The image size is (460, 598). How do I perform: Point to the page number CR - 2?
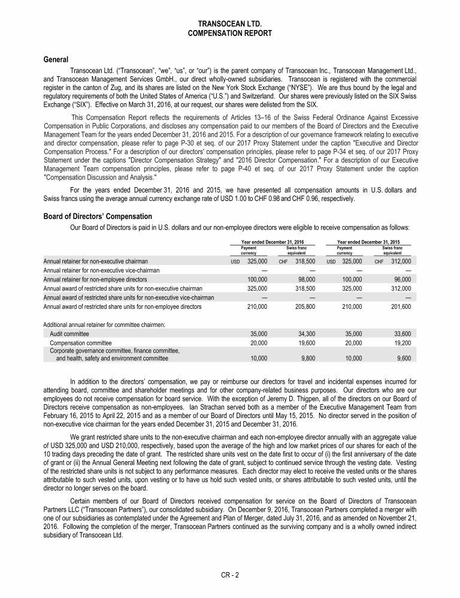click(x=230, y=575)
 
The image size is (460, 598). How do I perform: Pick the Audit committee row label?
click(x=69, y=333)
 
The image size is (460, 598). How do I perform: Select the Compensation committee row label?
click(x=78, y=343)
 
